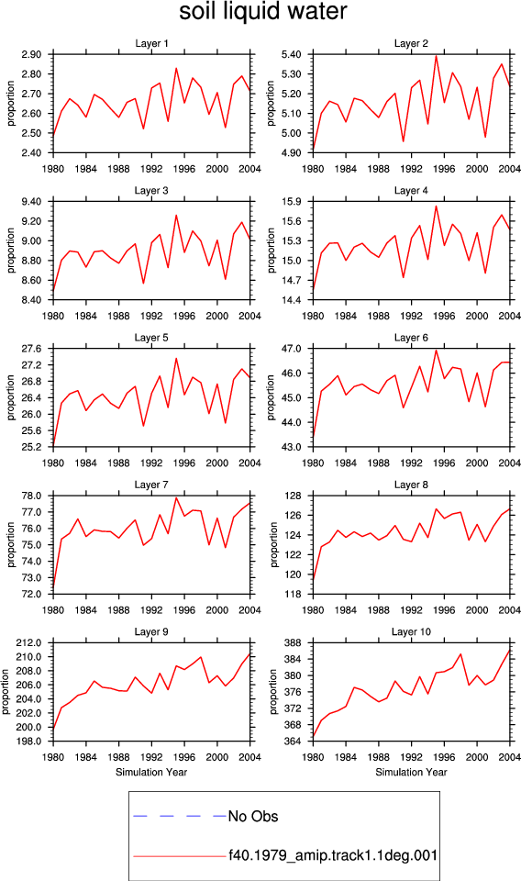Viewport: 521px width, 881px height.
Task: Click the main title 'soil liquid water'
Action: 262,12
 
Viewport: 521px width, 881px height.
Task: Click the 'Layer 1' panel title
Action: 151,43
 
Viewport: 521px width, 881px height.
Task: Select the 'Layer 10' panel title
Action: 411,631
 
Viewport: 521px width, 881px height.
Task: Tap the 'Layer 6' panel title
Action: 411,337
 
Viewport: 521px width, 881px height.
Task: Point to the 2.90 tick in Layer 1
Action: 31,54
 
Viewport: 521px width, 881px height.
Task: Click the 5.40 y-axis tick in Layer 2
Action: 291,54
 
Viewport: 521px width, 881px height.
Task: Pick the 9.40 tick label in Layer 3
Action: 31,201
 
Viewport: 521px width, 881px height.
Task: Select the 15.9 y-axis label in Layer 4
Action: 291,201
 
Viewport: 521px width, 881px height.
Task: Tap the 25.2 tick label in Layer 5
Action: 31,447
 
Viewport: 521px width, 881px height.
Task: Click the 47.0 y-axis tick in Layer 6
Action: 291,349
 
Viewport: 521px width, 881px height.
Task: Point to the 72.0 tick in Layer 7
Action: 31,594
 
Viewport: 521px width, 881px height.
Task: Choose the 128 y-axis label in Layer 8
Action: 294,496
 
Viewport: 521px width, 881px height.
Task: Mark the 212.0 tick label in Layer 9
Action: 29,642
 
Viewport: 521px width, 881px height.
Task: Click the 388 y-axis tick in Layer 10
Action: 294,642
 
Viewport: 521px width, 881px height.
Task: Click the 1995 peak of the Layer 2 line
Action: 437,56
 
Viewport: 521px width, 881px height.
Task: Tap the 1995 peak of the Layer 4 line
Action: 437,206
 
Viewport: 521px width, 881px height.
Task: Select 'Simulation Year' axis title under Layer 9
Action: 151,772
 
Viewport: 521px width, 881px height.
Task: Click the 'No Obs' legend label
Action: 252,816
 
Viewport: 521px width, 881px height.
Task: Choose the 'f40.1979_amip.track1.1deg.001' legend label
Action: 332,855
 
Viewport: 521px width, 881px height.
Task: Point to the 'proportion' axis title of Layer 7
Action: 11,544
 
